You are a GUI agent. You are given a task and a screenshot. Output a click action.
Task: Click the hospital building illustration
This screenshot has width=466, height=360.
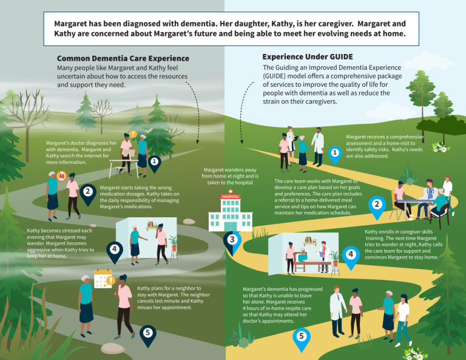pyautogui.click(x=231, y=211)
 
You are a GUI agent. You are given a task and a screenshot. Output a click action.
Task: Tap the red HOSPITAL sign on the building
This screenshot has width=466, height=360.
pyautogui.click(x=231, y=197)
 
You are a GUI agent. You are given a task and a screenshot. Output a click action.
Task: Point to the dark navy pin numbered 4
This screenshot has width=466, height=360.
pyautogui.click(x=115, y=253)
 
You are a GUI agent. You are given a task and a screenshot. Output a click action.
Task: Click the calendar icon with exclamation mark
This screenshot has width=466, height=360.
pyautogui.click(x=104, y=279)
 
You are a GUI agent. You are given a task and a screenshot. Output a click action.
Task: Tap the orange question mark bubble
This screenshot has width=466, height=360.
pyautogui.click(x=133, y=134)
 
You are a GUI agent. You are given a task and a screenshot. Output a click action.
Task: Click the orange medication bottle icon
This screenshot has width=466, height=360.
pyautogui.click(x=61, y=176)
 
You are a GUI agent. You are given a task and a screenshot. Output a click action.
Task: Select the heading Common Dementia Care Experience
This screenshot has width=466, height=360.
pyautogui.click(x=123, y=58)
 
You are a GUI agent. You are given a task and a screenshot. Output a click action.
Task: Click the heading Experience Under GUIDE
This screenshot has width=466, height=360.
pyautogui.click(x=308, y=57)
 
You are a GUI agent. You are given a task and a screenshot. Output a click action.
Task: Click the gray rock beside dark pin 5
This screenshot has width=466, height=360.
pyautogui.click(x=113, y=348)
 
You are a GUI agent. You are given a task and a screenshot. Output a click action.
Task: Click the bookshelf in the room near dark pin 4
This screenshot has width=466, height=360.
pyautogui.click(x=152, y=226)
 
